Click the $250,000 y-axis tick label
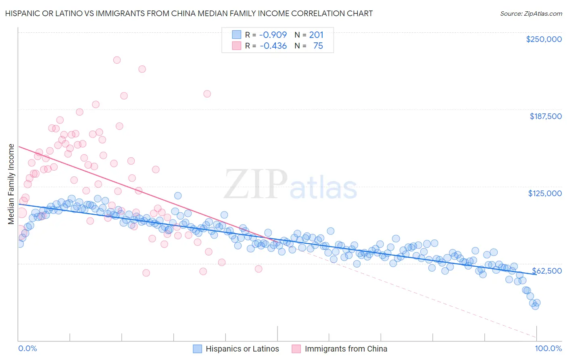(544, 39)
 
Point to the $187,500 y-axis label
(545, 116)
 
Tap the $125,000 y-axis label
(545, 193)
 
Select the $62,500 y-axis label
(547, 271)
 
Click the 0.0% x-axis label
(27, 348)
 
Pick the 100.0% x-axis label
(548, 348)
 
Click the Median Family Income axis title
(11, 184)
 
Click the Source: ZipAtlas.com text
(531, 13)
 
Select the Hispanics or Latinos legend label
(242, 349)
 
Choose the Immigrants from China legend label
(346, 349)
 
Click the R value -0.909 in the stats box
(273, 35)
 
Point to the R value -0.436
(273, 46)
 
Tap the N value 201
(316, 35)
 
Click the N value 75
(318, 46)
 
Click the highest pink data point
(117, 60)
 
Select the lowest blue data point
(535, 306)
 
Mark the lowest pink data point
(146, 273)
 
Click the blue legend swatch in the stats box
(236, 35)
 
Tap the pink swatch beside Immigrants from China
(296, 349)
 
